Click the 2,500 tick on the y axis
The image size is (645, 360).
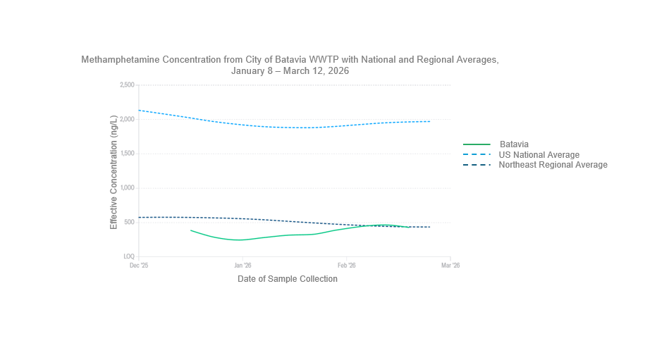pos(128,85)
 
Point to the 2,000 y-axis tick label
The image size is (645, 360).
pos(128,119)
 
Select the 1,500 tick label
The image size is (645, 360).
pos(128,154)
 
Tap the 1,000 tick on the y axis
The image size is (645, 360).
pos(128,188)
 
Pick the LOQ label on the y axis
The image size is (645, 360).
pos(129,257)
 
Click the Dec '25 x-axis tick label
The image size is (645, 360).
pos(139,266)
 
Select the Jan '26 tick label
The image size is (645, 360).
pos(242,266)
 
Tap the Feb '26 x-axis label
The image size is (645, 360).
pos(346,266)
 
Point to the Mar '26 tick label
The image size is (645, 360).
pos(450,266)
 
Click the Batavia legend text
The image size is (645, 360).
pos(514,144)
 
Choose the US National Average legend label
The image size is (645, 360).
pos(539,155)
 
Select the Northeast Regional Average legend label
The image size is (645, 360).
pos(553,165)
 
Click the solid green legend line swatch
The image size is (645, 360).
pos(477,144)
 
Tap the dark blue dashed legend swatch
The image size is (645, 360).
pos(477,165)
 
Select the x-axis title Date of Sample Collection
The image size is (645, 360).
pos(288,279)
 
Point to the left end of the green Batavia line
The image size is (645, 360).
pos(191,230)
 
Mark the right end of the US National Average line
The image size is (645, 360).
pos(430,121)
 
